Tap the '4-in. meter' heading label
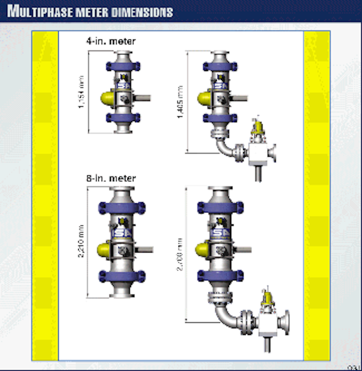[111, 41]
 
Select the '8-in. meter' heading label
[111, 178]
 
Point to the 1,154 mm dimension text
[82, 92]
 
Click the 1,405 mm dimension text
[181, 102]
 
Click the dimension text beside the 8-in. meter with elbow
[180, 254]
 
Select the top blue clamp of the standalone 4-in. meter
[123, 66]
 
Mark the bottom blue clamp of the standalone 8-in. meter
[122, 276]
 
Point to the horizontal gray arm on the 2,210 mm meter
[144, 250]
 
